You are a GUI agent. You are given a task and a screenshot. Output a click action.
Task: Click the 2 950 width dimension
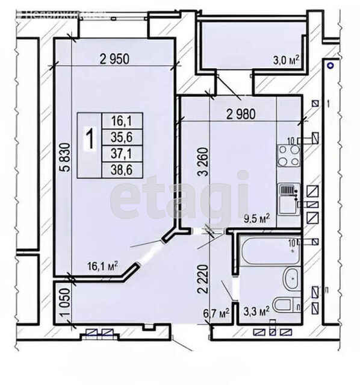tap(115, 58)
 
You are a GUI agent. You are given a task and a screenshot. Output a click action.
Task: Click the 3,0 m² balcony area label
tap(287, 60)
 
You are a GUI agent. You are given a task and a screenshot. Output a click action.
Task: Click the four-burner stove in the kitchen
tap(288, 155)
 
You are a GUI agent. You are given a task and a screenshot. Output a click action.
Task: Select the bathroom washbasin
tap(290, 278)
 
